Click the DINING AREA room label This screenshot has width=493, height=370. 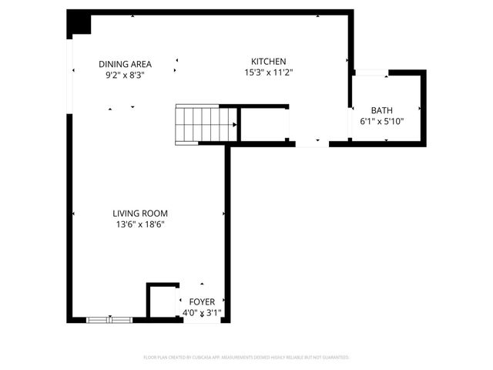coord(125,64)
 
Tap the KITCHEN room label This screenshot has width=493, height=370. coord(269,61)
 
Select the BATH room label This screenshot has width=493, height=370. coord(382,110)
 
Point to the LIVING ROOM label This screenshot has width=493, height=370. coord(139,214)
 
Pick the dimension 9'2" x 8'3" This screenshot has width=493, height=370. coord(125,76)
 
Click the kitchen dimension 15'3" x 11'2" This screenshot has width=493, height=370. coord(269,72)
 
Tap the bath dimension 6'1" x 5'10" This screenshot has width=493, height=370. coord(382,122)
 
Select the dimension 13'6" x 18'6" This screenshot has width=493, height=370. coord(139,225)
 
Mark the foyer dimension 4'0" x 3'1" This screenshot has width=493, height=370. coord(202,313)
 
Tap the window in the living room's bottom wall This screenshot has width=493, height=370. coord(109,318)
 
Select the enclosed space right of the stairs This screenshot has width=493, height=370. coord(263,124)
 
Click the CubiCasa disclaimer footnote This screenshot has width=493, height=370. coord(246,358)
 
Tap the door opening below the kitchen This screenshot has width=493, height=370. coord(312,143)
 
